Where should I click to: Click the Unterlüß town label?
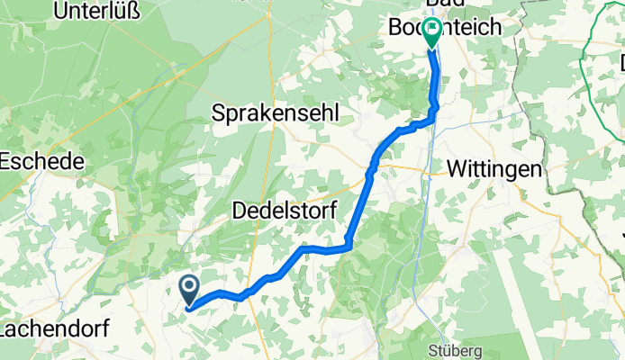pos(105,11)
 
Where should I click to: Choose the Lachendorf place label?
pos(54,328)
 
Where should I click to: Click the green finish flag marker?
pos(432,32)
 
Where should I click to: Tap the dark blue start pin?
pos(191,289)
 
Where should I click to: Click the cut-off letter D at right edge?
pos(621,63)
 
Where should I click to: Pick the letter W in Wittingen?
pos(457,169)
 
